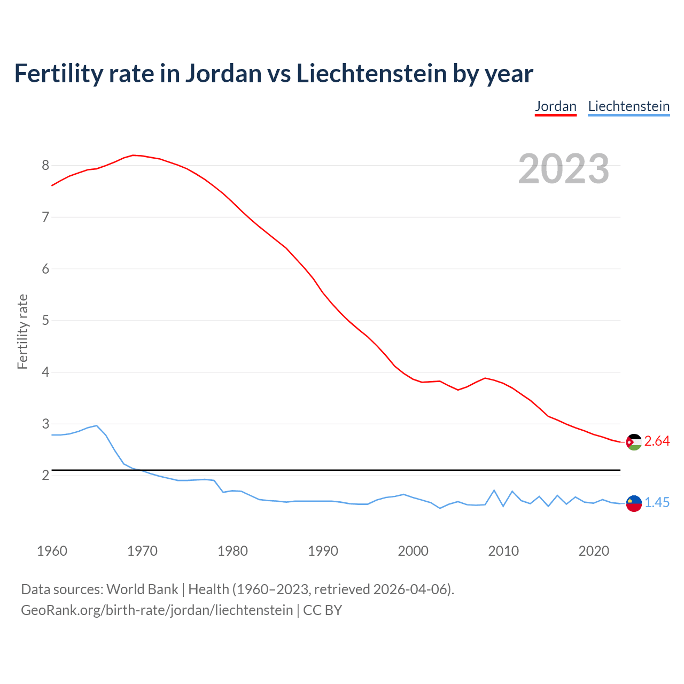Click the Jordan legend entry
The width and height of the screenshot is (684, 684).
[x=556, y=106]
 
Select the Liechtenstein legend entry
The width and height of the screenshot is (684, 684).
[x=628, y=106]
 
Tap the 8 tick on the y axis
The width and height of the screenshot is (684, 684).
[x=45, y=165]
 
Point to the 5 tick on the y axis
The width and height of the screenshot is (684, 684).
[x=45, y=321]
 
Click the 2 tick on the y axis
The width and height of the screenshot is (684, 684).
[x=45, y=475]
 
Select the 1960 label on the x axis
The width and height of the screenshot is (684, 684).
[x=52, y=551]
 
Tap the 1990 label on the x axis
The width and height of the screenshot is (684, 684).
[x=323, y=551]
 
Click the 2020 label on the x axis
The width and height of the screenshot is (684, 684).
[x=594, y=551]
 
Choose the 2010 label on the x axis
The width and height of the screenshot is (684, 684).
[x=503, y=551]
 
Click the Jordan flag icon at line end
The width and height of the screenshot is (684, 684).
[x=634, y=442]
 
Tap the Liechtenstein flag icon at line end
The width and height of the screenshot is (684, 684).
[x=634, y=503]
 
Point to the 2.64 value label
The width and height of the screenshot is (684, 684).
[x=657, y=441]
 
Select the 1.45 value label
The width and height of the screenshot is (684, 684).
[x=657, y=503]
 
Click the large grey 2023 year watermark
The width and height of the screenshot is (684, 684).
[x=563, y=169]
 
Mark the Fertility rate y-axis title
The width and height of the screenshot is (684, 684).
[x=22, y=331]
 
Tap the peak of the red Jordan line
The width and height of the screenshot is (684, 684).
[x=133, y=155]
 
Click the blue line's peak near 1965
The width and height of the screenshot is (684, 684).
[x=96, y=425]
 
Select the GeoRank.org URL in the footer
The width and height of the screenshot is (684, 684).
[x=157, y=610]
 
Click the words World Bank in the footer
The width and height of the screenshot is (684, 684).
[x=142, y=589]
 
